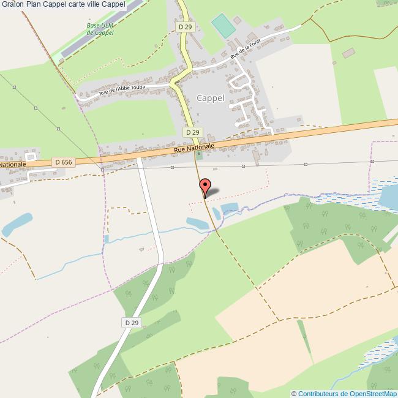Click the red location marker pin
[x=205, y=186]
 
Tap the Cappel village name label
[x=210, y=98]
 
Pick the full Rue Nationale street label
[x=194, y=148]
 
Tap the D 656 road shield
[x=63, y=162]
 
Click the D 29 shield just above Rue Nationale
[x=192, y=132]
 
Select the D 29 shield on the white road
[x=132, y=323]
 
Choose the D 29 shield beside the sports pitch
[x=186, y=28]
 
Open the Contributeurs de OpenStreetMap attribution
[x=344, y=393]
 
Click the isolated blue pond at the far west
[x=17, y=223]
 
